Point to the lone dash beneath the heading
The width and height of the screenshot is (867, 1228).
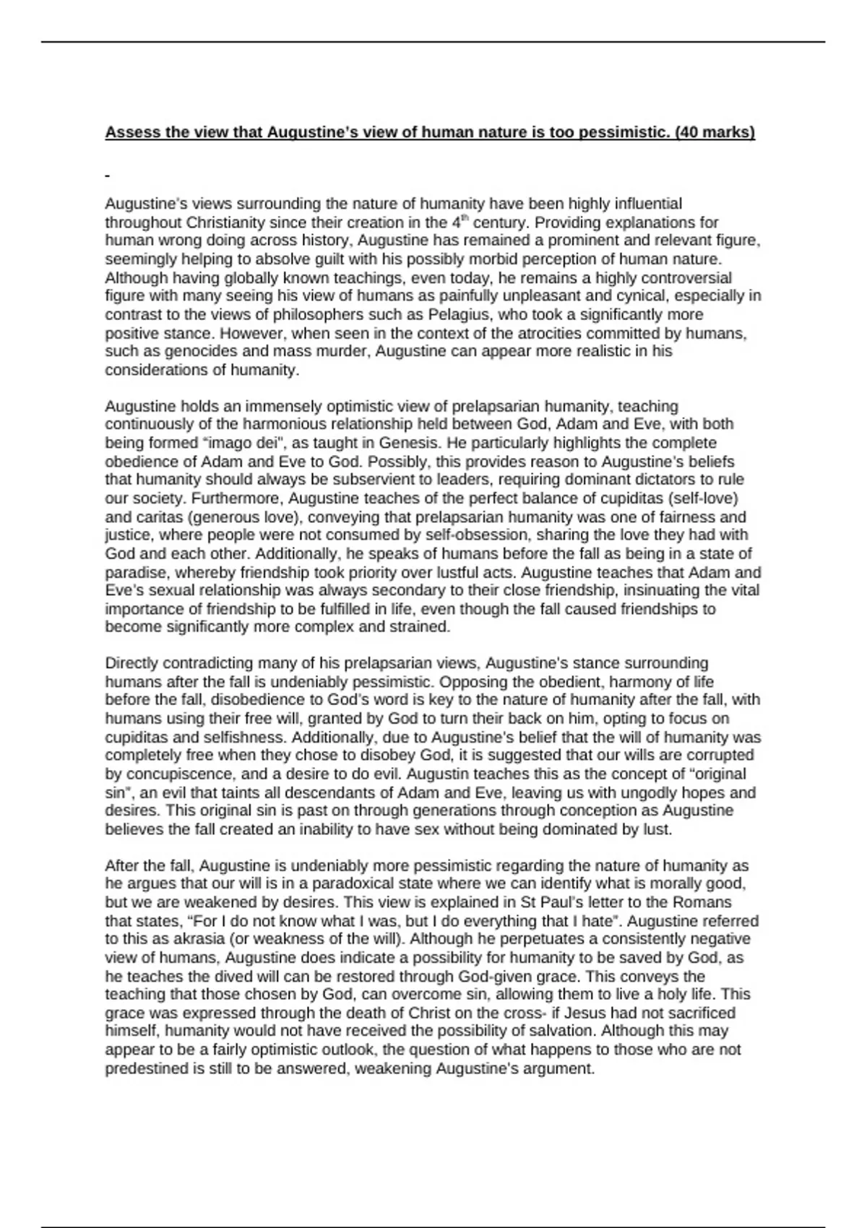(x=107, y=176)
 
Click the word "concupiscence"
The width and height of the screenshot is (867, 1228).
(x=171, y=774)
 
